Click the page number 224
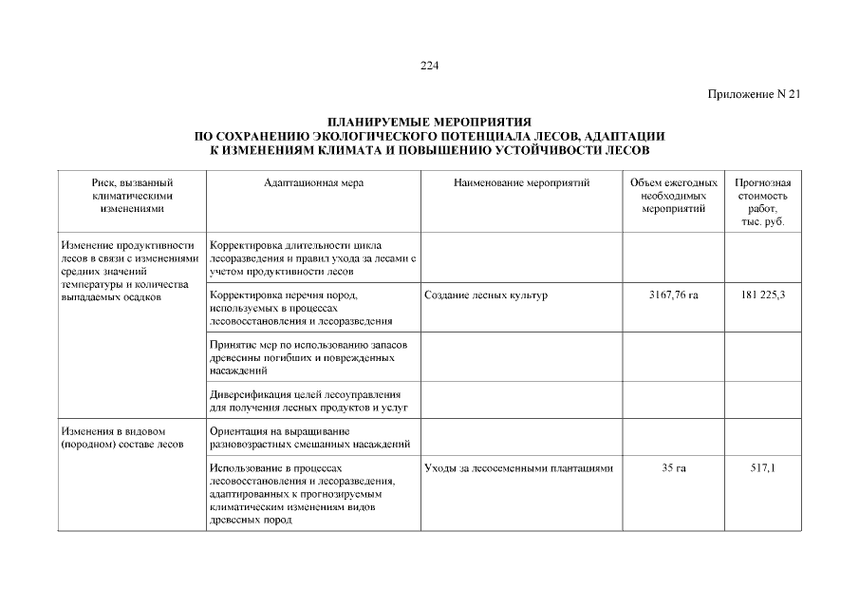click(429, 66)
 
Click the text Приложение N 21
click(755, 93)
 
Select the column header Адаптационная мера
click(313, 182)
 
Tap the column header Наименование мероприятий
click(521, 182)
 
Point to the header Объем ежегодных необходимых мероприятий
click(673, 195)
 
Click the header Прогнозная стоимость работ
click(762, 201)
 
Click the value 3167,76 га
click(673, 295)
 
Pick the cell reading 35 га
click(673, 468)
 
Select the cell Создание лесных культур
click(486, 295)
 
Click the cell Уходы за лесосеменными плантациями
click(518, 468)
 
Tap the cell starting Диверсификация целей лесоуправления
click(308, 400)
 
